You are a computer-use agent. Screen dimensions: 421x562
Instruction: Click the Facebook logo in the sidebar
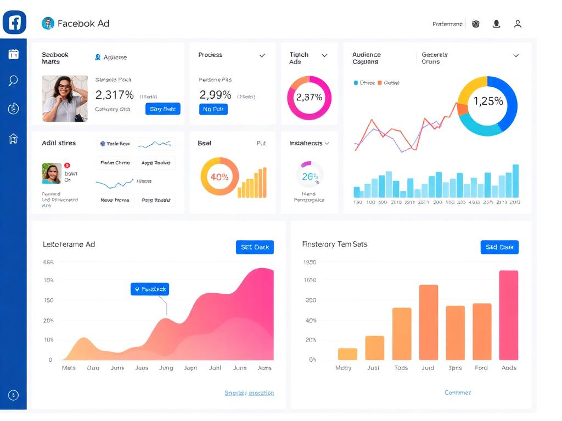(x=14, y=22)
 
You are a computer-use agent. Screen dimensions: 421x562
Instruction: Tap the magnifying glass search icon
(x=13, y=81)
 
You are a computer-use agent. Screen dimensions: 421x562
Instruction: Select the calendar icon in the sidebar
(x=13, y=54)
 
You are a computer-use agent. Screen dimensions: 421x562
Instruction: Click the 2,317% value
(x=115, y=95)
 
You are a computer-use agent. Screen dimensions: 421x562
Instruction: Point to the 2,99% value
(x=215, y=95)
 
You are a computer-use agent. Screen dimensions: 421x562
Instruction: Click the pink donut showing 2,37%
(x=309, y=98)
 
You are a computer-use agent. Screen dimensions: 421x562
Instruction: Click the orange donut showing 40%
(x=220, y=177)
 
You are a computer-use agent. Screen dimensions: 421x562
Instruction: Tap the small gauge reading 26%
(x=310, y=177)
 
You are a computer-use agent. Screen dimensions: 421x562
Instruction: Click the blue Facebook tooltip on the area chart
(x=150, y=289)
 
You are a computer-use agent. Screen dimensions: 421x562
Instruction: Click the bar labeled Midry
(x=347, y=354)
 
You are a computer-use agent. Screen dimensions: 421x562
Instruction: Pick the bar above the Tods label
(x=402, y=333)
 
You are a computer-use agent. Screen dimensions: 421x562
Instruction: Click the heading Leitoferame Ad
(x=69, y=244)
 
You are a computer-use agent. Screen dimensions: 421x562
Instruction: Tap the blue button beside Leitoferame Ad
(x=255, y=247)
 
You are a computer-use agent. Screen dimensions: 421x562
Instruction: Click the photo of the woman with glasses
(x=65, y=99)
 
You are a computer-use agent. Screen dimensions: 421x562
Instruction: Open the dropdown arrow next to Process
(x=262, y=55)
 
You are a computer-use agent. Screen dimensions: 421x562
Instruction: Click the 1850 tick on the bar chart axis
(x=310, y=263)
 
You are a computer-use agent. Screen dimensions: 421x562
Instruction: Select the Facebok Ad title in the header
(x=83, y=24)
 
